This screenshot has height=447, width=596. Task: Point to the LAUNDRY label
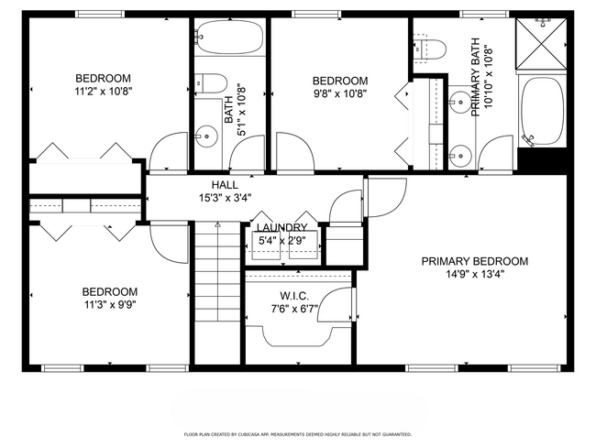pos(281,228)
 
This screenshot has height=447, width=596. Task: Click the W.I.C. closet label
pos(293,296)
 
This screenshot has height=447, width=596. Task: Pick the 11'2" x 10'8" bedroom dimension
pos(103,92)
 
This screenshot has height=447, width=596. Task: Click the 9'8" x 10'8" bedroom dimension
pos(340,93)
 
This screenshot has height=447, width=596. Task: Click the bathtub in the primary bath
pos(541,110)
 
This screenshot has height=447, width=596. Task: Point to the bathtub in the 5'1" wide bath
pos(228,41)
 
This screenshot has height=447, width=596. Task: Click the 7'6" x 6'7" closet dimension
pos(293,309)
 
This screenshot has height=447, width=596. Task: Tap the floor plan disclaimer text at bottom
pos(297,434)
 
